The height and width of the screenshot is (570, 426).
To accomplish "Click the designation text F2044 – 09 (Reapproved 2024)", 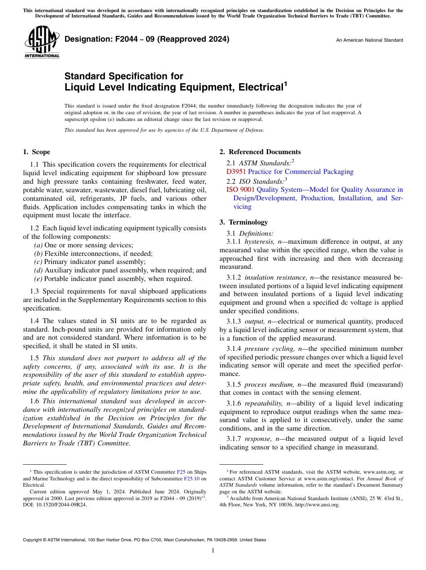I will point(147,39).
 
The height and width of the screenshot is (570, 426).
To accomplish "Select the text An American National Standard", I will point(369,40).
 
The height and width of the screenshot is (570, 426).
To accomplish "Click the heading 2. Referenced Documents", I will point(260,152).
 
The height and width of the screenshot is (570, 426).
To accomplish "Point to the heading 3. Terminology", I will point(243,222).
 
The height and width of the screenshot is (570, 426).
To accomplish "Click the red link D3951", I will point(236,172).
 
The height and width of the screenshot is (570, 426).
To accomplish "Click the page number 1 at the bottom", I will point(213,551).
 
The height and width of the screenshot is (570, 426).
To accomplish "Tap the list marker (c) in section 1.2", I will point(39,262).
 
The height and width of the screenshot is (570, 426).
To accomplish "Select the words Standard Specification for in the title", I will point(124,77).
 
